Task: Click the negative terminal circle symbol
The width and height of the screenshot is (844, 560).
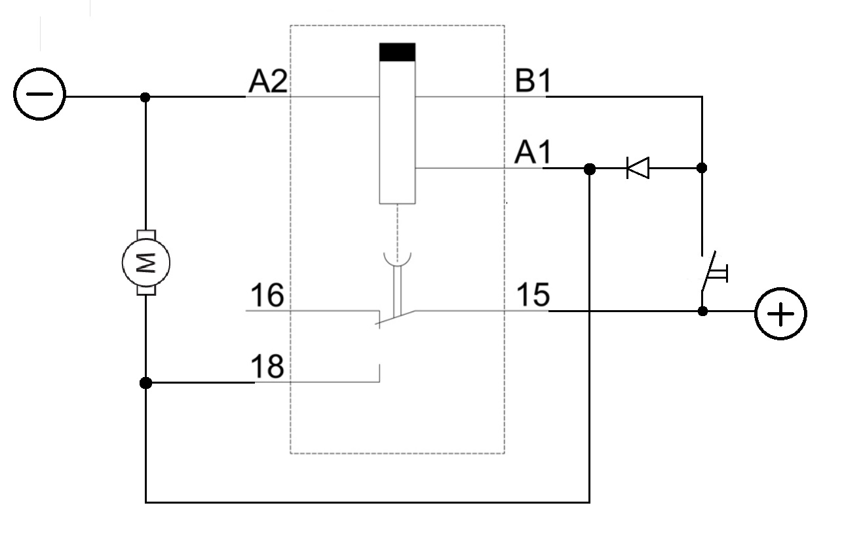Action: [x=39, y=95]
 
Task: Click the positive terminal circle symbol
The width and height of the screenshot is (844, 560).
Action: [x=780, y=315]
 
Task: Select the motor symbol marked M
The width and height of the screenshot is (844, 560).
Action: [x=145, y=262]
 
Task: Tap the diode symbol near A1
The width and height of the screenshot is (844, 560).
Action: [x=638, y=169]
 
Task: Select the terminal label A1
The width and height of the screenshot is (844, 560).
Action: [x=533, y=154]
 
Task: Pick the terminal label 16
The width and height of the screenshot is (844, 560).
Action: [x=266, y=296]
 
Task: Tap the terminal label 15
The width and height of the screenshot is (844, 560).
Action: [x=533, y=296]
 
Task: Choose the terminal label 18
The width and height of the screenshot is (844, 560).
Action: [x=266, y=367]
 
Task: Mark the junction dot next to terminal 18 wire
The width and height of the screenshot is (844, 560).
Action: [x=145, y=382]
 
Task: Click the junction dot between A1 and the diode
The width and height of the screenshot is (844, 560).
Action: [x=590, y=169]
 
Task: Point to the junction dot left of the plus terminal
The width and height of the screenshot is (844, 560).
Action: [x=702, y=311]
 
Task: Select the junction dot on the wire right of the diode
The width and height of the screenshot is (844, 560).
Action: [x=702, y=168]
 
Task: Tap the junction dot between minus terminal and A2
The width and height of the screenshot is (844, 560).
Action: [x=145, y=97]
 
